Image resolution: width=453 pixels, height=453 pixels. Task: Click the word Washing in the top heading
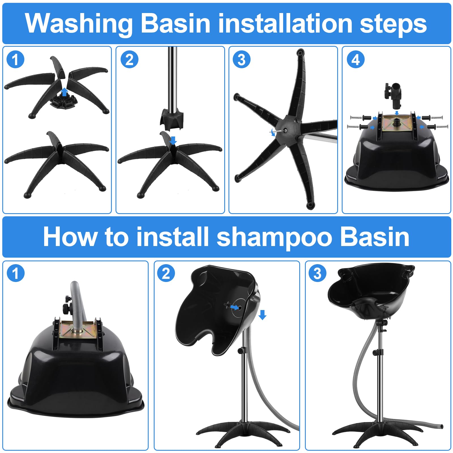tap(79, 24)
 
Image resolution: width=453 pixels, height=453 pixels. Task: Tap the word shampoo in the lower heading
tap(274, 237)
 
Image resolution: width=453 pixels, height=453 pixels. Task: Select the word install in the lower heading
tap(172, 237)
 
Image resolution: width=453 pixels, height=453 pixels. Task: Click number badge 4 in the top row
tap(356, 60)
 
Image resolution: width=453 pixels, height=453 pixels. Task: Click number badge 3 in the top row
tap(241, 60)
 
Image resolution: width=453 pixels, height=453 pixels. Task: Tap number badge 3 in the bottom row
tap(317, 273)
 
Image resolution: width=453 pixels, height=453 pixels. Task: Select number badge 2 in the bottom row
tap(166, 273)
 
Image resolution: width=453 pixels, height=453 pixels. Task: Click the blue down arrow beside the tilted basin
tap(262, 315)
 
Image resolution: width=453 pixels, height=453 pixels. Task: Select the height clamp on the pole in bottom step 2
tap(242, 351)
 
